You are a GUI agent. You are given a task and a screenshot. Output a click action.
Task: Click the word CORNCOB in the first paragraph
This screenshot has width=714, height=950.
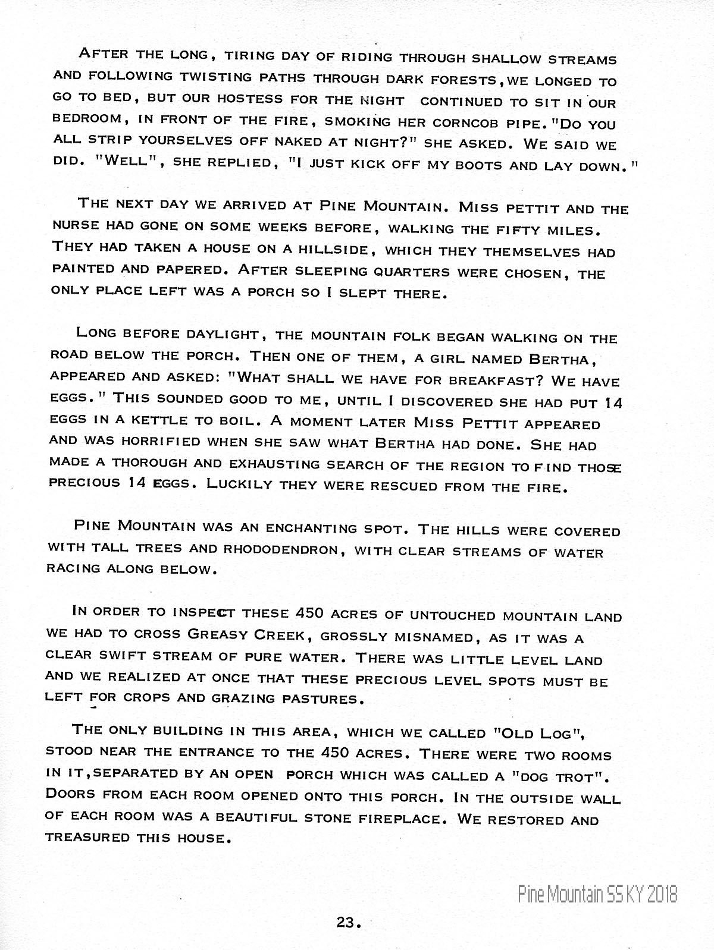[465, 124]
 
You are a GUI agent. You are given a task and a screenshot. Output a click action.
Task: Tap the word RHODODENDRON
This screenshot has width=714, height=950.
[281, 549]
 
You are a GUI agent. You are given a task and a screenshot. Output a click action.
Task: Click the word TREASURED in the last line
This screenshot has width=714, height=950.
[87, 837]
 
